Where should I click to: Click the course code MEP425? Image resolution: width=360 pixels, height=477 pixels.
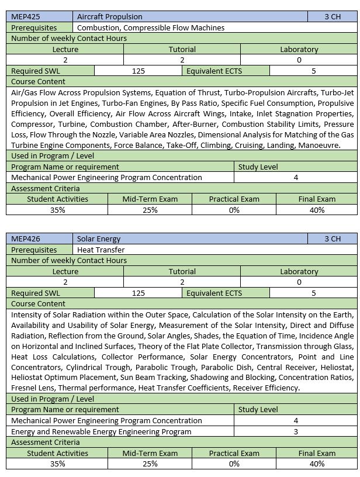click(x=26, y=16)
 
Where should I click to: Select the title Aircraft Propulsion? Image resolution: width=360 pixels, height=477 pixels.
click(x=109, y=16)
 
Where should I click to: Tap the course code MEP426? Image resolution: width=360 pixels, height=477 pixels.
click(x=26, y=238)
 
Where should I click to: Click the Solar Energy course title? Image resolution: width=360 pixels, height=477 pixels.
click(x=99, y=238)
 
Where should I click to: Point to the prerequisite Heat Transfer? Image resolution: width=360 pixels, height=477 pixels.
click(x=101, y=250)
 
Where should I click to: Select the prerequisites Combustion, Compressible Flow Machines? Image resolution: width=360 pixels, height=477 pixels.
click(x=151, y=27)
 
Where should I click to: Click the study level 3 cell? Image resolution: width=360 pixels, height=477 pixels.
click(x=296, y=431)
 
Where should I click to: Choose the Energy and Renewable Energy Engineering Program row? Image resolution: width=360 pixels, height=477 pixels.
click(x=102, y=431)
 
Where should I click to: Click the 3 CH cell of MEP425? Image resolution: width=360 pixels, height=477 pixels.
click(x=332, y=16)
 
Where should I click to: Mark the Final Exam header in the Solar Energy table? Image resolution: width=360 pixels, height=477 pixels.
click(x=317, y=453)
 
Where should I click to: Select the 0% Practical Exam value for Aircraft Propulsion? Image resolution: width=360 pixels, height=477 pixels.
click(x=234, y=210)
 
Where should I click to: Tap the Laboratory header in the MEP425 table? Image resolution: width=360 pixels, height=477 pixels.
click(x=299, y=49)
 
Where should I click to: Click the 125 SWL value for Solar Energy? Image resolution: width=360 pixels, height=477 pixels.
click(x=139, y=293)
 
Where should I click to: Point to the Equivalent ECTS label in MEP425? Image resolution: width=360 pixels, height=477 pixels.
click(x=214, y=71)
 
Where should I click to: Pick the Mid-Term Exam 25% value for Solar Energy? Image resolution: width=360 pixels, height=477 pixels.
click(x=150, y=464)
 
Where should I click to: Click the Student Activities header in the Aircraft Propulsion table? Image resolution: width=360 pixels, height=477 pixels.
click(x=57, y=199)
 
